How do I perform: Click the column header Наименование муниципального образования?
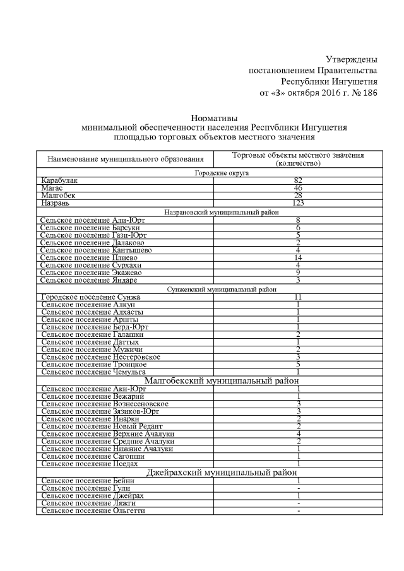(124, 160)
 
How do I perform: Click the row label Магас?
(53, 188)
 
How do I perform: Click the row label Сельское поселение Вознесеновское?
(104, 404)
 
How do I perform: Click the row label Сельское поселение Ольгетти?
(93, 510)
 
